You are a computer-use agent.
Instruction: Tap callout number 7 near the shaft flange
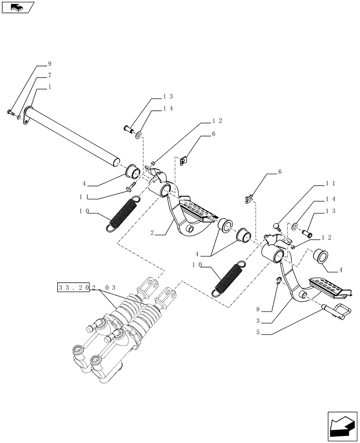(49, 76)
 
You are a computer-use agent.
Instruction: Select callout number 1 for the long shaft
(49, 87)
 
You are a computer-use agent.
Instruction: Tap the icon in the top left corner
(17, 7)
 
